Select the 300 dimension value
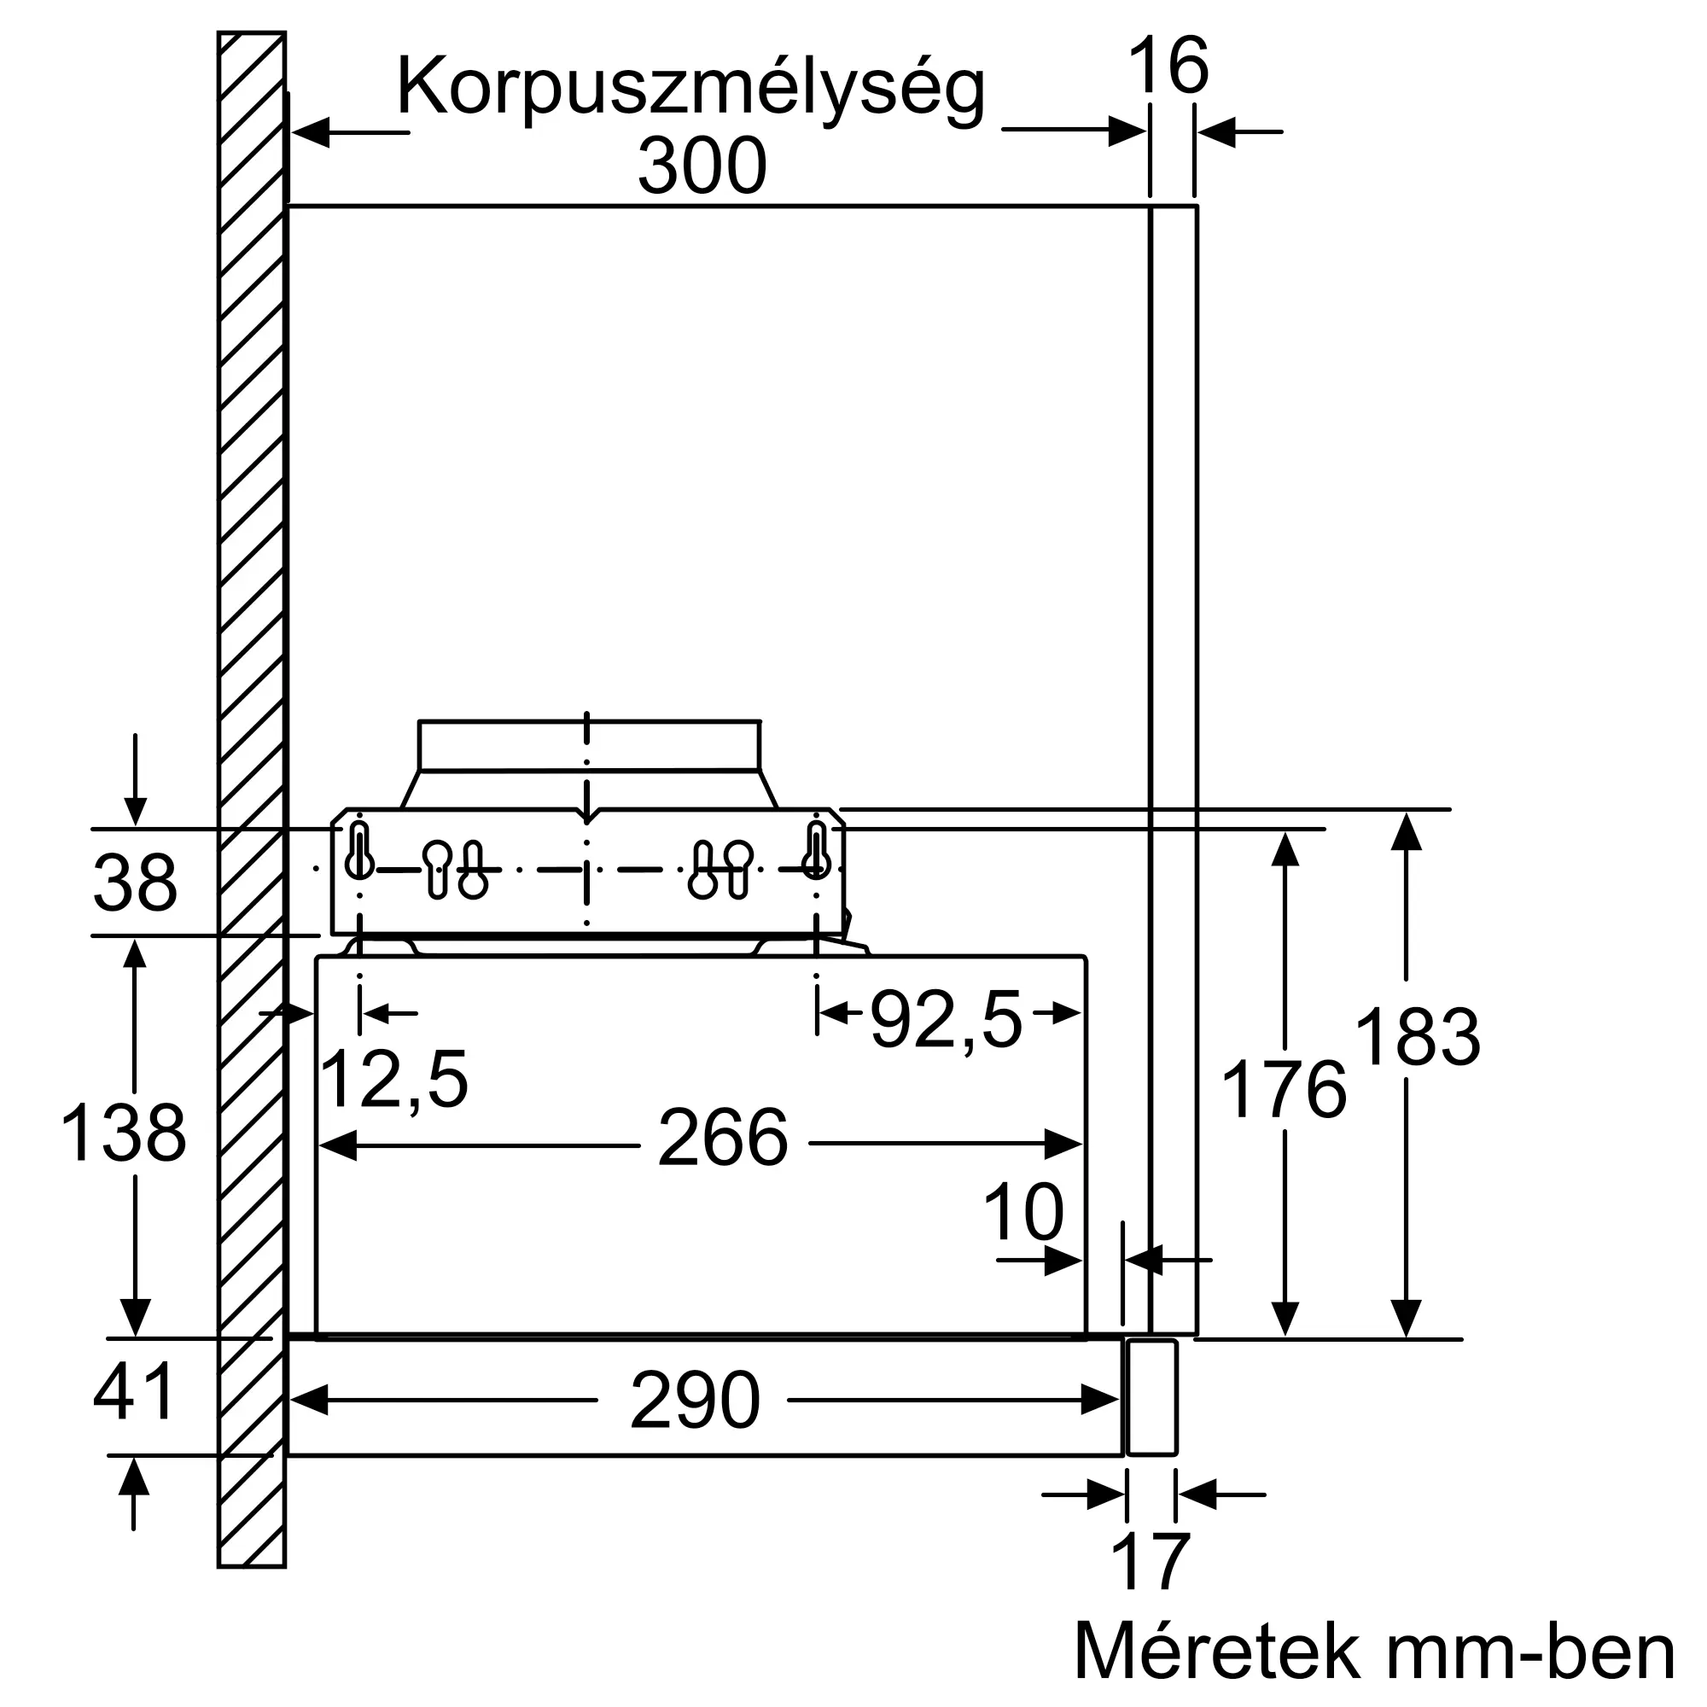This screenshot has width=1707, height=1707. pyautogui.click(x=702, y=166)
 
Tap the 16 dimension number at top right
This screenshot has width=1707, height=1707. pyautogui.click(x=1168, y=66)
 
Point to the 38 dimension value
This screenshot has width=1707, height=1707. pyautogui.click(x=135, y=883)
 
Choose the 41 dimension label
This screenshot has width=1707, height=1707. pyautogui.click(x=135, y=1391)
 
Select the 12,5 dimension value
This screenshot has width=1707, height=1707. pyautogui.click(x=394, y=1080)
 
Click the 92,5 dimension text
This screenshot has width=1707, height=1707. pyautogui.click(x=947, y=1019)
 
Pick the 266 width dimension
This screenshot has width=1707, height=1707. pyautogui.click(x=723, y=1138)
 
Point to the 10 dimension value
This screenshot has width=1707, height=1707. pyautogui.click(x=1024, y=1213)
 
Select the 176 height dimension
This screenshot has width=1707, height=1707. pyautogui.click(x=1284, y=1090)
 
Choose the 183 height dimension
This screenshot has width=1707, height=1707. pyautogui.click(x=1417, y=1037)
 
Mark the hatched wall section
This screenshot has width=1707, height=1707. pyautogui.click(x=252, y=795)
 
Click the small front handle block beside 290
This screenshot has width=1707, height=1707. pyautogui.click(x=1152, y=1397)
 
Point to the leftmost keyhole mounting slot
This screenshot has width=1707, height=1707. pyautogui.click(x=359, y=850)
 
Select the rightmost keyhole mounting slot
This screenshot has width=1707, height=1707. pyautogui.click(x=817, y=850)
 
